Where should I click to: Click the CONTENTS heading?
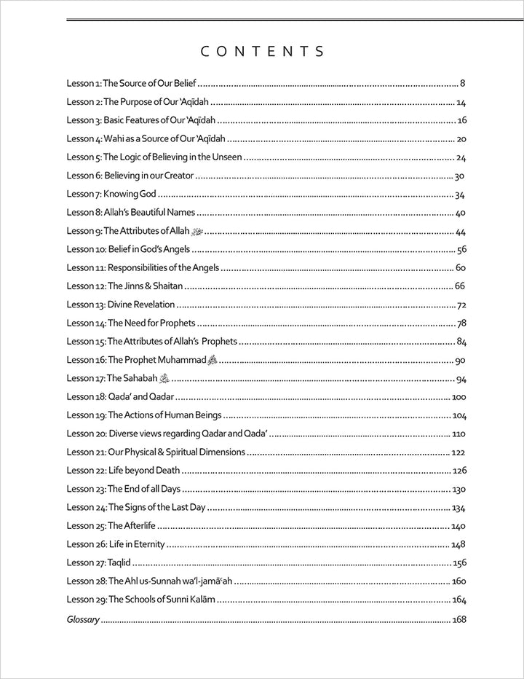coord(262,51)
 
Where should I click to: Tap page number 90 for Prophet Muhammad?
coord(460,360)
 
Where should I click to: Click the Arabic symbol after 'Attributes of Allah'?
coord(195,232)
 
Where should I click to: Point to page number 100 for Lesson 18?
coord(458,397)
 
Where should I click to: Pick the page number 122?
coord(458,452)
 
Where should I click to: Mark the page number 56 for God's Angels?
coord(460,250)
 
